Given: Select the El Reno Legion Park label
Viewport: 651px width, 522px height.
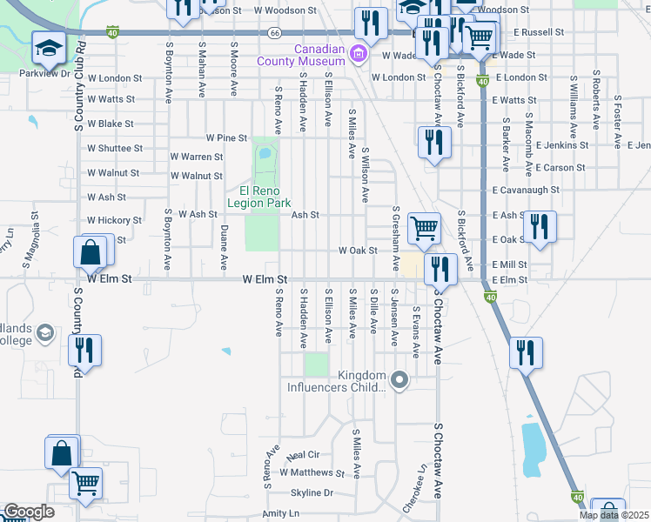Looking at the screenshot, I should (258, 197).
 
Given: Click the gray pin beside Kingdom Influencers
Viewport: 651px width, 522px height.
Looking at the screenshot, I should (399, 379).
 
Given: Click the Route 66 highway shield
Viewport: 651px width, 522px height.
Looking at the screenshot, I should (274, 32).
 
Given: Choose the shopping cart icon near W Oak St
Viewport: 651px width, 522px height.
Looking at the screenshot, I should (424, 229).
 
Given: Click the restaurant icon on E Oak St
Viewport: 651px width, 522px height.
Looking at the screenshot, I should (540, 227).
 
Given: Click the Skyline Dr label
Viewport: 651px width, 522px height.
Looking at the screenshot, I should (312, 492).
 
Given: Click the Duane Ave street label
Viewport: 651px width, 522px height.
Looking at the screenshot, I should (224, 247).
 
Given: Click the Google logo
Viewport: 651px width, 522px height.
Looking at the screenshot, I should (28, 512).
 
